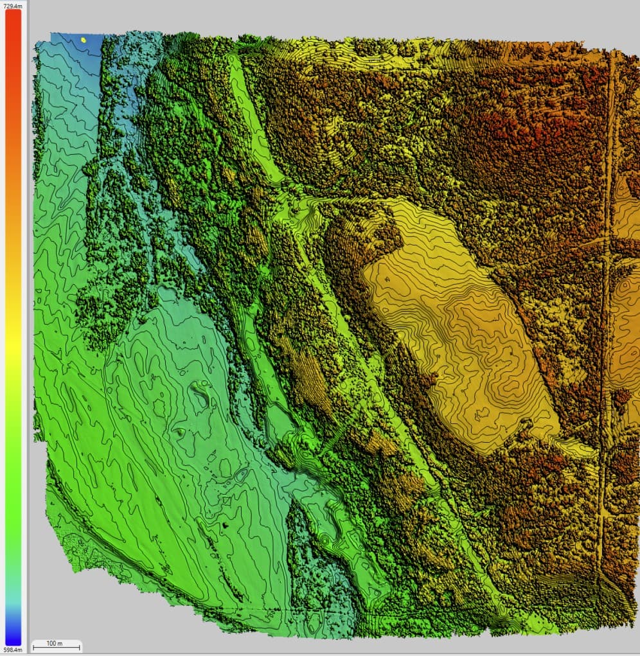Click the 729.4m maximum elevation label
tap(13, 5)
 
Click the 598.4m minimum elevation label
tap(13, 650)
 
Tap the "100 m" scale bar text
tap(56, 643)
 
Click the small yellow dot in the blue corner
tap(83, 39)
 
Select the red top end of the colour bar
tap(13, 16)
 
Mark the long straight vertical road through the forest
tap(607, 321)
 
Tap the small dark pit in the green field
tap(226, 525)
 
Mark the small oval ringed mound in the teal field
tap(240, 475)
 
